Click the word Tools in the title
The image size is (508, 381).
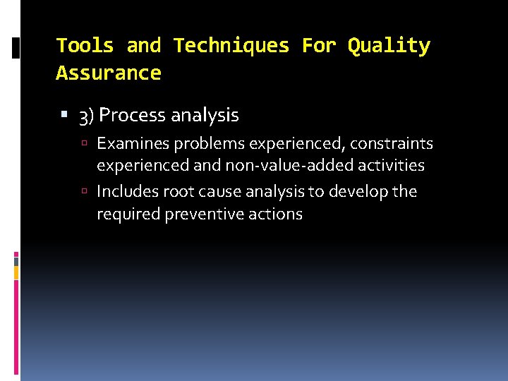(85, 46)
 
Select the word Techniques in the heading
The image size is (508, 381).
(231, 46)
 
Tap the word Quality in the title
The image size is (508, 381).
(389, 46)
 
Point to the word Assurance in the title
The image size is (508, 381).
(109, 73)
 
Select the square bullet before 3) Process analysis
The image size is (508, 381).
(66, 115)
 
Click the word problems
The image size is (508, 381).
(203, 144)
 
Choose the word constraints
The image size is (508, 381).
(392, 144)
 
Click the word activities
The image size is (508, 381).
(390, 166)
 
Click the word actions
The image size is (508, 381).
(277, 214)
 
